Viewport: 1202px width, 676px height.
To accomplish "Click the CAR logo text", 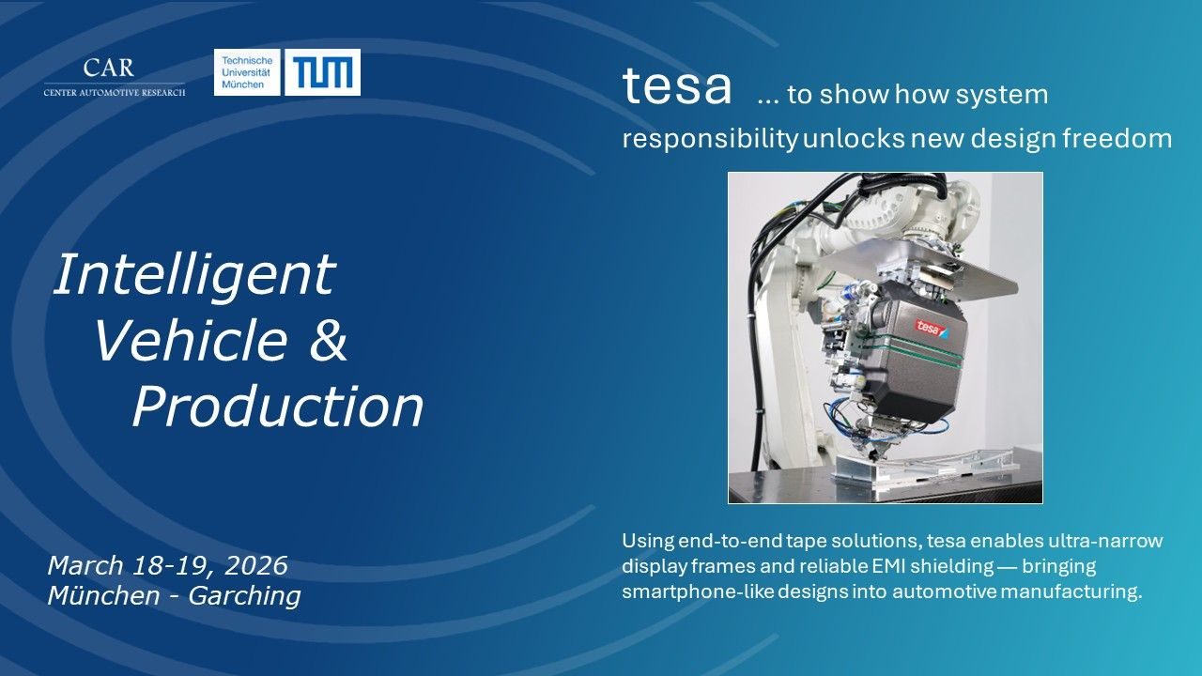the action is (x=108, y=68).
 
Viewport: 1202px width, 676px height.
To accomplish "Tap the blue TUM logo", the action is (x=322, y=72).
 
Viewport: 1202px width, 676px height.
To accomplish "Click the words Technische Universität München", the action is (x=247, y=72).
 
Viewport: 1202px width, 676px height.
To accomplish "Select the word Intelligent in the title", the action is (x=194, y=274).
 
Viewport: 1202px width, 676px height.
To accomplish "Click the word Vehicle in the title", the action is (x=190, y=340).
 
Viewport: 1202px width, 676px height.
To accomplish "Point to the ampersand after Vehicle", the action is (x=329, y=340).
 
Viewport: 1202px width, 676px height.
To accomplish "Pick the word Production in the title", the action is (x=278, y=407).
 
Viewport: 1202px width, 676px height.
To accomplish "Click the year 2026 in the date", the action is (x=256, y=565).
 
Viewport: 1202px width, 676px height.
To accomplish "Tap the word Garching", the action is (x=244, y=595).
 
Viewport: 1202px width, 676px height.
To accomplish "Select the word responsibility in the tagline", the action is (x=710, y=138).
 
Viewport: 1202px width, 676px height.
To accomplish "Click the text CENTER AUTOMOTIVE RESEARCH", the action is (x=115, y=93).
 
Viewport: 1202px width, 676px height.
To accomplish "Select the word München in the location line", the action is (x=103, y=595).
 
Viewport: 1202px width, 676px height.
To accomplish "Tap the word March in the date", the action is (x=85, y=565).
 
